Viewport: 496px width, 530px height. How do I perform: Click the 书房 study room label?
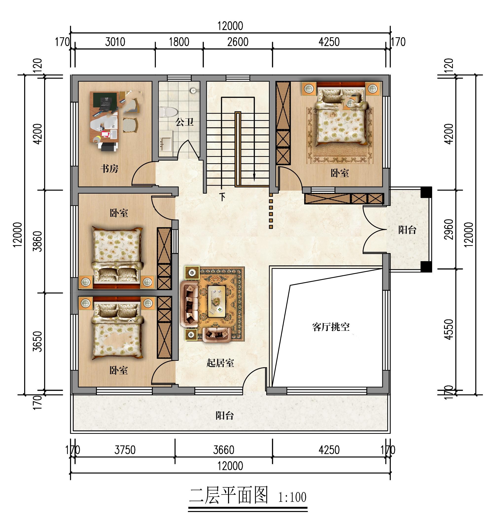[109, 169]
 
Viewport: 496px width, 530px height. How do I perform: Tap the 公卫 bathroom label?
[184, 122]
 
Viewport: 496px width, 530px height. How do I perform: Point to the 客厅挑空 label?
[331, 327]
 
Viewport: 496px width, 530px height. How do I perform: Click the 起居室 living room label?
[220, 363]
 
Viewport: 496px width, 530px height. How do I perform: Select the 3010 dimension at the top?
[115, 42]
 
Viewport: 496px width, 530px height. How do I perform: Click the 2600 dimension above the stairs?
[238, 42]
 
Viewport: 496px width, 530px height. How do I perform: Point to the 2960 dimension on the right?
[449, 229]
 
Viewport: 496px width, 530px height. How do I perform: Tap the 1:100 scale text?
[292, 497]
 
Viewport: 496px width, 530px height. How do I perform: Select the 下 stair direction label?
[222, 197]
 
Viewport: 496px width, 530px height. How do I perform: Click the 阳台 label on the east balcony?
[407, 230]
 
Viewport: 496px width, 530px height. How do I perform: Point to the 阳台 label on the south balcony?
[225, 415]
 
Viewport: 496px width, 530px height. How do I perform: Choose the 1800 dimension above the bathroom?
[179, 42]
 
